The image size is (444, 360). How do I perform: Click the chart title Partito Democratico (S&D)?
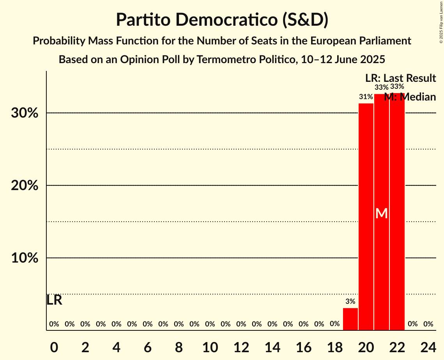222,20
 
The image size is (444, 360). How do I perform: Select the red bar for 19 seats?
350,319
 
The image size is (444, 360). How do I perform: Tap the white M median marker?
382,213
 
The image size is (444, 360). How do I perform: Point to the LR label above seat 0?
54,300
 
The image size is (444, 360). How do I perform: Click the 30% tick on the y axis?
25,113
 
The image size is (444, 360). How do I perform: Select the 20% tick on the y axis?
25,186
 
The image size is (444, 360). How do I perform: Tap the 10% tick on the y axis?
25,258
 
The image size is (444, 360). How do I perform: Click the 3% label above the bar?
350,301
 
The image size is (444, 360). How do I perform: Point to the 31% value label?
366,97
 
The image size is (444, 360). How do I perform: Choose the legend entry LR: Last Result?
400,78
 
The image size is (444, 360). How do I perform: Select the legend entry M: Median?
410,97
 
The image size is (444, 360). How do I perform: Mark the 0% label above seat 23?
412,324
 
